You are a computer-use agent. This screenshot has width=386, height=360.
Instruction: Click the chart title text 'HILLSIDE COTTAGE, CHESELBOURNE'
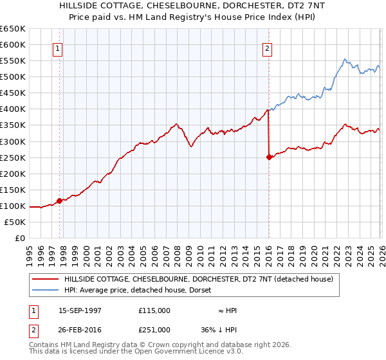click(x=193, y=6)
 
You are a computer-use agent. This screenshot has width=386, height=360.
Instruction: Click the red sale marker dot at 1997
click(x=60, y=201)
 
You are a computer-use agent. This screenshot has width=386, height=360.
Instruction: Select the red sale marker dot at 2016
click(x=268, y=157)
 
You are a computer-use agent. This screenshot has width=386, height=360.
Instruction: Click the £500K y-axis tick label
click(x=13, y=77)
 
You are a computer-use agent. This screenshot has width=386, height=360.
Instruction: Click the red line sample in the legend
click(x=46, y=279)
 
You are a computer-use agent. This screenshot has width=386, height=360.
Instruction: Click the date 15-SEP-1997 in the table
click(x=80, y=310)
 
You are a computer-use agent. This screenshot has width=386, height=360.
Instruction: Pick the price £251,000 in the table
click(x=154, y=330)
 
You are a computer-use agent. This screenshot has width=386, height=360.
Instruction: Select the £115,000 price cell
click(x=154, y=310)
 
